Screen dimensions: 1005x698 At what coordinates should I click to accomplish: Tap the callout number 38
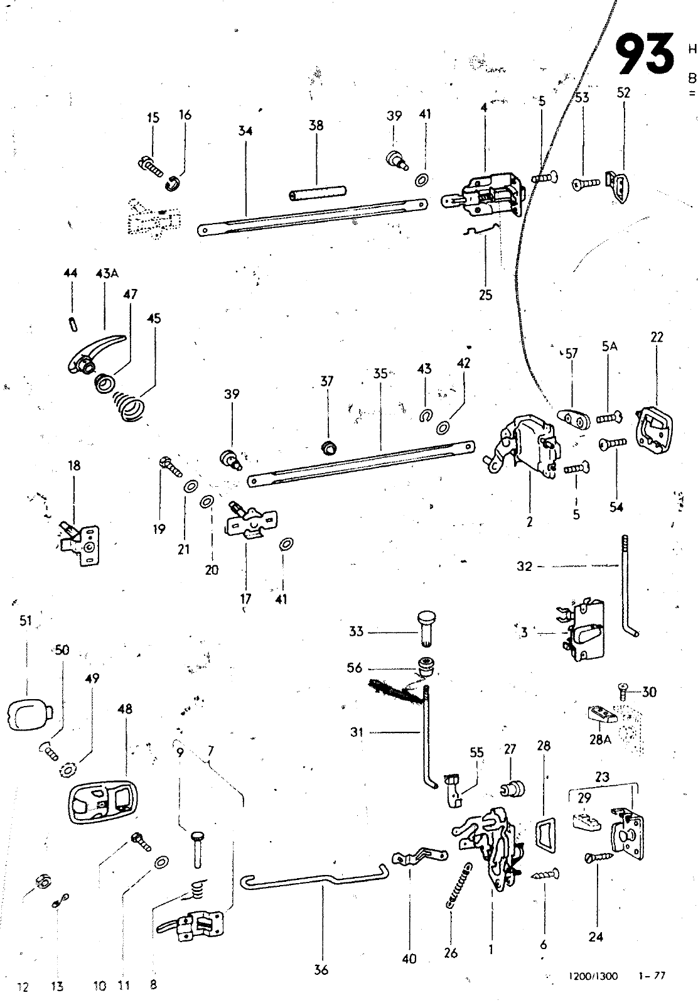(x=316, y=125)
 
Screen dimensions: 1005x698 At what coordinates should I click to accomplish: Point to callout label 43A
(x=107, y=273)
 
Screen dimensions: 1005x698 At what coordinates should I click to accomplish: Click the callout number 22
(x=657, y=337)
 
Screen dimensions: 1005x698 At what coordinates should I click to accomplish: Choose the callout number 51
(x=26, y=621)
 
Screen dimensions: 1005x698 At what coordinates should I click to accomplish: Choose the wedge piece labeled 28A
(x=602, y=714)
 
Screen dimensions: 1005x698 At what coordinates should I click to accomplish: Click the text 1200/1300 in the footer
(x=593, y=976)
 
